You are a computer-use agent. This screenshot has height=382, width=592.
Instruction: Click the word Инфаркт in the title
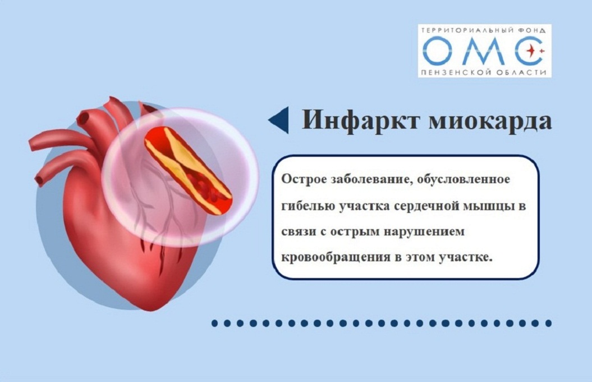pos(361,120)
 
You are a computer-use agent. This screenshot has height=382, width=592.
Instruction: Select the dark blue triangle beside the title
pos(279,120)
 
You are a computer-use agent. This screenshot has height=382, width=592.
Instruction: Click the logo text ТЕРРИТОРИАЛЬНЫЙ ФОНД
pos(483,30)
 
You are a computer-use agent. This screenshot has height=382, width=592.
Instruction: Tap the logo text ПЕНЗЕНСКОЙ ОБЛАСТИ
pos(483,72)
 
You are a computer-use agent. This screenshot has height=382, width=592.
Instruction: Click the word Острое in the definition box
pos(304,179)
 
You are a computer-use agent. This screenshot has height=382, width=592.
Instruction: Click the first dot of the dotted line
pos(215,323)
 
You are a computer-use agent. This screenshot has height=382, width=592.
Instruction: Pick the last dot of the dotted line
pos(548,323)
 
